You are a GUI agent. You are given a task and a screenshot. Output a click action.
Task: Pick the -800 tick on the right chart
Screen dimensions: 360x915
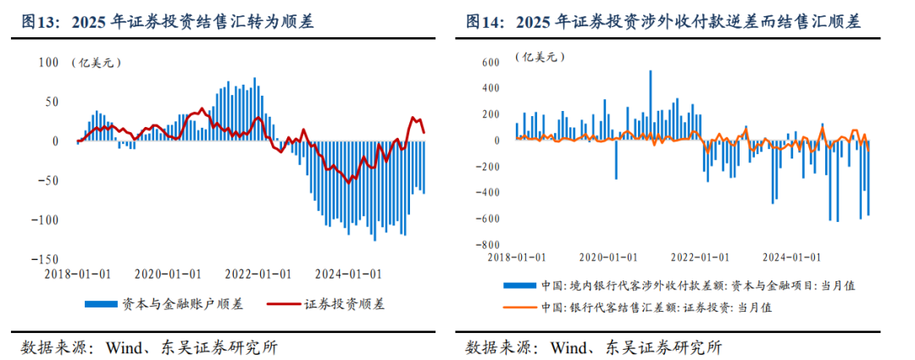488,245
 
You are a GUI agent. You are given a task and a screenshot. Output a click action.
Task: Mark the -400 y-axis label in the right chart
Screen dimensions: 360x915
488,192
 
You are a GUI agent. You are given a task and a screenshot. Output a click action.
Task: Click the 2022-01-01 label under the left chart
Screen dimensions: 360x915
257,274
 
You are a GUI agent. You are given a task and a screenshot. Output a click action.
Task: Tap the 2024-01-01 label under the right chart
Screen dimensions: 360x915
790,256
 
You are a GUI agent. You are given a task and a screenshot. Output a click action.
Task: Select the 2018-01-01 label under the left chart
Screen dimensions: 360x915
79,274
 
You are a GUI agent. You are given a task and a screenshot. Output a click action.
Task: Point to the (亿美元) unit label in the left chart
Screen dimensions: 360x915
94,62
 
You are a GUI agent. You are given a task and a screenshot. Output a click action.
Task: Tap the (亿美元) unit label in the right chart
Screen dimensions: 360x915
540,58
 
